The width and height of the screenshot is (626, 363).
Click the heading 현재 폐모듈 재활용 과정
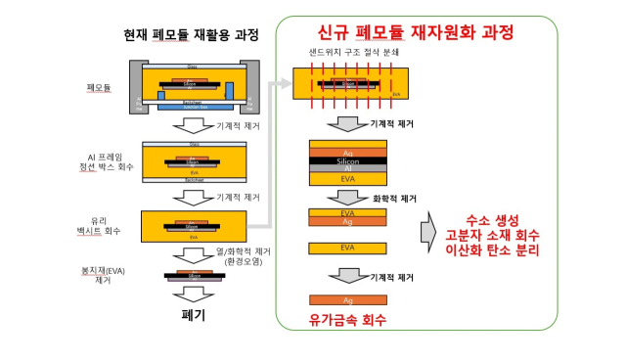point(191,36)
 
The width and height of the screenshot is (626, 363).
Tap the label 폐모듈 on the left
point(99,87)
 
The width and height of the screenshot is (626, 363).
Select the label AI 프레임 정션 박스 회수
point(102,160)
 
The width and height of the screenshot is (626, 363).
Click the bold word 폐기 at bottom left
point(192,316)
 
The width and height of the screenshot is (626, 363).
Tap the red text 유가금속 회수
point(347,319)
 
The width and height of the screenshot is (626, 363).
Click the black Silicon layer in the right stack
point(346,160)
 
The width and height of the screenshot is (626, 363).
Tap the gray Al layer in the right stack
point(346,170)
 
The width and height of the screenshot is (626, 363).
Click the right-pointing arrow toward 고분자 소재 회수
point(426,234)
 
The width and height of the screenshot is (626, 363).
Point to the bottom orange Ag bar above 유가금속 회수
point(346,299)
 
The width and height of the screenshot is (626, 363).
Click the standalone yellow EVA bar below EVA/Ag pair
point(346,248)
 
